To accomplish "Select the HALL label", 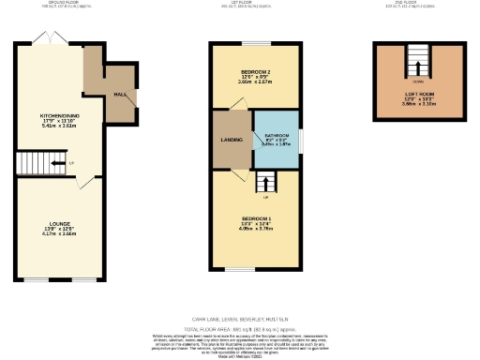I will point(120,95).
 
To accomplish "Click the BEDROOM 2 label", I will point(256,72).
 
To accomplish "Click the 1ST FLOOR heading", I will point(254,3).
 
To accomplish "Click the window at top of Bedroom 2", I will point(255,43).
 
